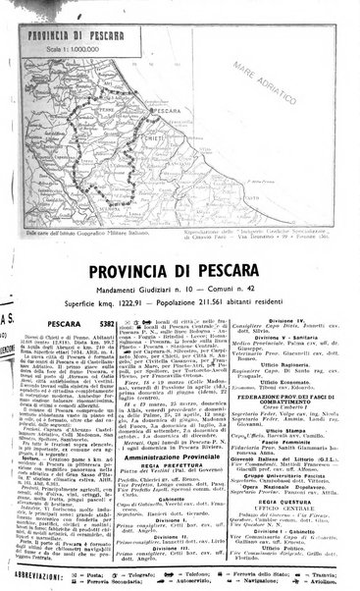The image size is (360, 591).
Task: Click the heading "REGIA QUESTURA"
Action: click(x=294, y=521)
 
